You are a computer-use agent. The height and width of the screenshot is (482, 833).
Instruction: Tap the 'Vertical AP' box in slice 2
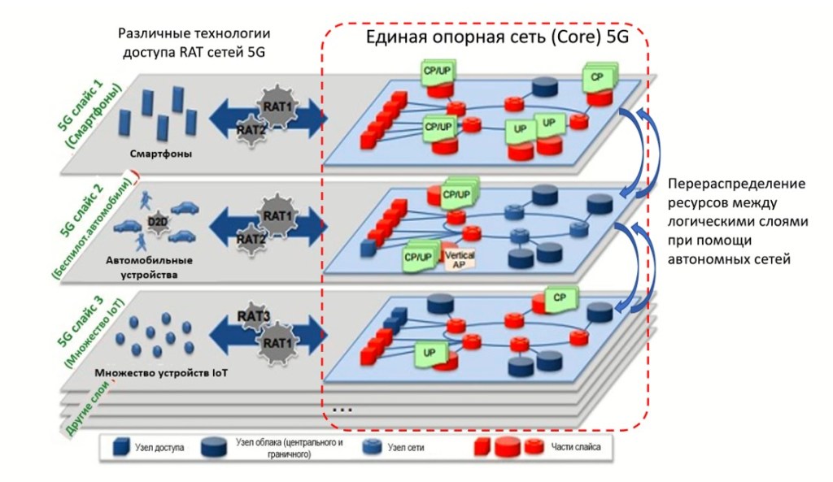pyautogui.click(x=460, y=259)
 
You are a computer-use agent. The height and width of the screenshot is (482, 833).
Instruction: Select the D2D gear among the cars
pyautogui.click(x=155, y=221)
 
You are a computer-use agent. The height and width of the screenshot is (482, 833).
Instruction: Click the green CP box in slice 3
pyautogui.click(x=560, y=298)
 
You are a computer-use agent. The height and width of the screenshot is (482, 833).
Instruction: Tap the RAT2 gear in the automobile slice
pyautogui.click(x=251, y=240)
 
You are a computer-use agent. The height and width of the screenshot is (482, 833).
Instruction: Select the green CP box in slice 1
pyautogui.click(x=598, y=77)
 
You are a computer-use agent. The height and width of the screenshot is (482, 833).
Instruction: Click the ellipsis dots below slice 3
pyautogui.click(x=342, y=410)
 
